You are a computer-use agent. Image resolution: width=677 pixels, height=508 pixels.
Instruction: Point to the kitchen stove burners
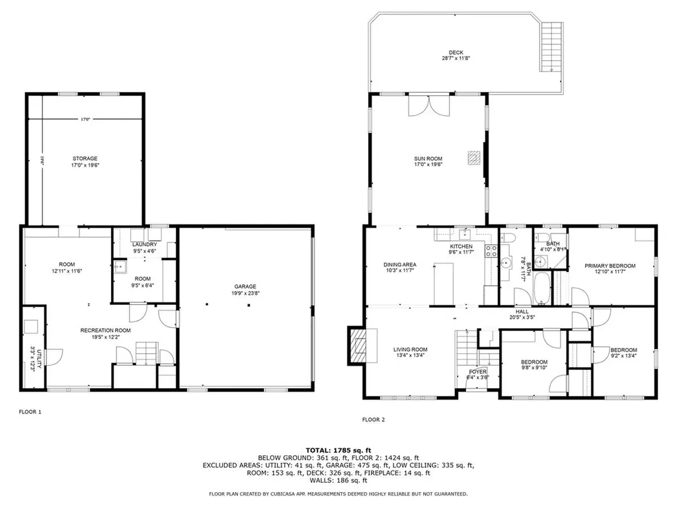[x=491, y=250]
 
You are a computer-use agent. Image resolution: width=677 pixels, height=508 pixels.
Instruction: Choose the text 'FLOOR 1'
[x=30, y=412]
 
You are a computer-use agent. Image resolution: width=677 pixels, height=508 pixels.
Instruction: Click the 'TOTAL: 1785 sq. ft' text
[x=338, y=449]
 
